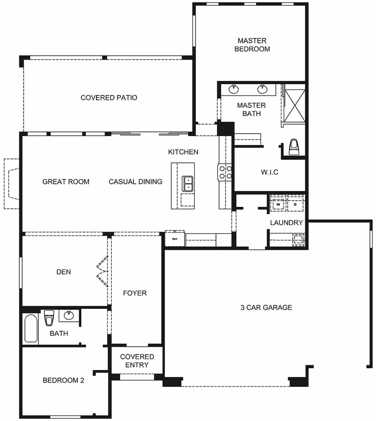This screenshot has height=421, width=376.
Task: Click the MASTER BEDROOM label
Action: tap(252, 45)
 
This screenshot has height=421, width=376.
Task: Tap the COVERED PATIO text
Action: tap(109, 97)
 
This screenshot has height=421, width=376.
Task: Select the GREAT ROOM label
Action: tap(66, 182)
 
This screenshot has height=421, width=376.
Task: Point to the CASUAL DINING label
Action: tap(136, 182)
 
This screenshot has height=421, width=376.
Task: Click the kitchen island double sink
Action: tap(188, 184)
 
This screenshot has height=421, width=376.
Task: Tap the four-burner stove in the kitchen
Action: tap(225, 172)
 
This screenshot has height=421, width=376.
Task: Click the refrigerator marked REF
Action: tap(175, 239)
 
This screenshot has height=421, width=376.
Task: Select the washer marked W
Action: tap(278, 205)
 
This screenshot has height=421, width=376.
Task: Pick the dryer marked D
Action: tap(295, 205)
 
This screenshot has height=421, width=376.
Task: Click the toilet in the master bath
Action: tap(294, 147)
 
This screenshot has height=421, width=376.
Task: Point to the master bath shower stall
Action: tap(295, 106)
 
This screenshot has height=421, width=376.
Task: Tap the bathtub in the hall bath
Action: tap(31, 329)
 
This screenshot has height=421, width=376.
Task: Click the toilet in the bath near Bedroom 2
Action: tap(49, 318)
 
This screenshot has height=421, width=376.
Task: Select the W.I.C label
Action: tap(269, 172)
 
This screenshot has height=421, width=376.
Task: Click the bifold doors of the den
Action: tap(103, 271)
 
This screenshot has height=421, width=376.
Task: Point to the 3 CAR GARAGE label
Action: tap(266, 308)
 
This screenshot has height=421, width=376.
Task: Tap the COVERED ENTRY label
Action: tap(137, 361)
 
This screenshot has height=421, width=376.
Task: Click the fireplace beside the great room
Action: tap(12, 184)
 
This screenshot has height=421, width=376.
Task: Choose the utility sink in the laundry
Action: tap(298, 240)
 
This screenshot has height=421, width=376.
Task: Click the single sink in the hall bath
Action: tap(69, 315)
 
